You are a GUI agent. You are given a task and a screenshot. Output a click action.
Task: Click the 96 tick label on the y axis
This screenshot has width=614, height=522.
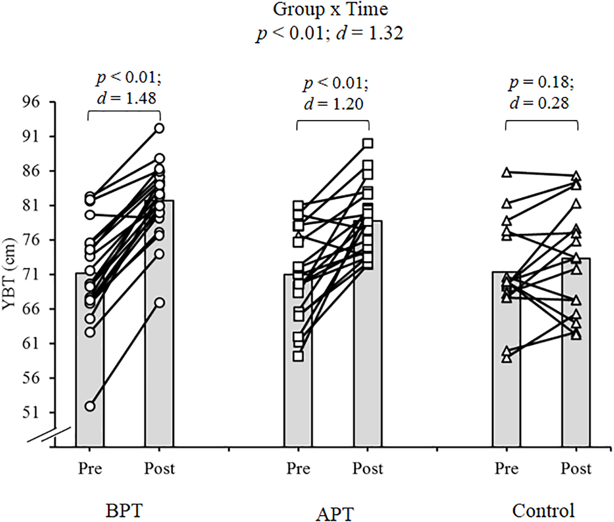[x=31, y=102]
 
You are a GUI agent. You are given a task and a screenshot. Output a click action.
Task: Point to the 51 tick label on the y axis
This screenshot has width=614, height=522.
[x=31, y=413]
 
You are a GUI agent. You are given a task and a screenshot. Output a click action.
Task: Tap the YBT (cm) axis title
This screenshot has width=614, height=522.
[x=10, y=274]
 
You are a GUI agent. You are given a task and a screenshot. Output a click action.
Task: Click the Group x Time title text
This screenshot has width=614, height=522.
[x=330, y=9]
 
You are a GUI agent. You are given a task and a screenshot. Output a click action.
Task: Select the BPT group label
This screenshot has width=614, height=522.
[x=124, y=511]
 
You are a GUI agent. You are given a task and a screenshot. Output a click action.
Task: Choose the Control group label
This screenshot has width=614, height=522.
[x=543, y=511]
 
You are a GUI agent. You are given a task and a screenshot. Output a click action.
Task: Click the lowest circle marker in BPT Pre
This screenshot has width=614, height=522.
[x=90, y=406]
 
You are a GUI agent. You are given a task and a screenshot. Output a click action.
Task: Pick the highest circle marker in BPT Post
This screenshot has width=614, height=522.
[x=159, y=129]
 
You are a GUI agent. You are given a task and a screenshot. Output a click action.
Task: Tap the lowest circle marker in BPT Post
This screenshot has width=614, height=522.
[x=159, y=303]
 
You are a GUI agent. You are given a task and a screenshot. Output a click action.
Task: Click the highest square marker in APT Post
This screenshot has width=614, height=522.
[x=367, y=144]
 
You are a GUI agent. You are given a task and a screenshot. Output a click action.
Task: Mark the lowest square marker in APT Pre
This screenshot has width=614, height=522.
[x=298, y=356]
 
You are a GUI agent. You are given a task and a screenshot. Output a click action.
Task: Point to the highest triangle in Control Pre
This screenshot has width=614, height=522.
[x=506, y=173]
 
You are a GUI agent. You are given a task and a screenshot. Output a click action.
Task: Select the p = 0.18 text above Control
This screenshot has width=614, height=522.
[x=541, y=82]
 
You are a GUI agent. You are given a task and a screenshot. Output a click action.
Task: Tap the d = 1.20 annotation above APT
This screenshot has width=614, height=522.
[x=334, y=104]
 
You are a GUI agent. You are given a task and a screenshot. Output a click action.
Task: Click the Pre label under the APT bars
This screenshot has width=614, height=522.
[x=298, y=468]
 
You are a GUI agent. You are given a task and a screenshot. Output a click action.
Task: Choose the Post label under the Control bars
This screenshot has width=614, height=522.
[x=576, y=468]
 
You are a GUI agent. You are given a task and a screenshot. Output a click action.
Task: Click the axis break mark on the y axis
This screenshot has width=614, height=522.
[x=49, y=434]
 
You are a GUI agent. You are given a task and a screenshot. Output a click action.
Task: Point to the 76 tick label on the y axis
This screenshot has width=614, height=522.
[x=31, y=240]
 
